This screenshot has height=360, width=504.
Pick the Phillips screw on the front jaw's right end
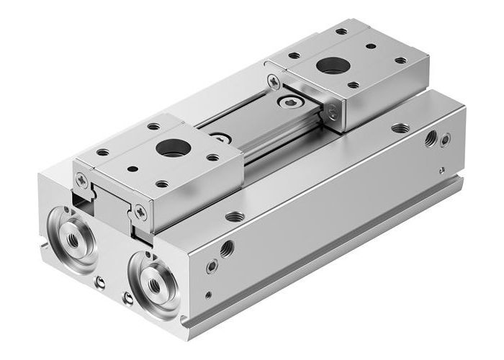pos(140,212)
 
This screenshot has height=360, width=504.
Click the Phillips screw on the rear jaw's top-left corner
pos(273,81)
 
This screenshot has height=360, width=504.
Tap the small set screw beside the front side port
pos(212,266)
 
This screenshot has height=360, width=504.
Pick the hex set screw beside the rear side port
pos(446,140)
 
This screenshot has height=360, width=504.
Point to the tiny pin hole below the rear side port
pos(441,171)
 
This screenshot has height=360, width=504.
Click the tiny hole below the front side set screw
pos(208,294)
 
